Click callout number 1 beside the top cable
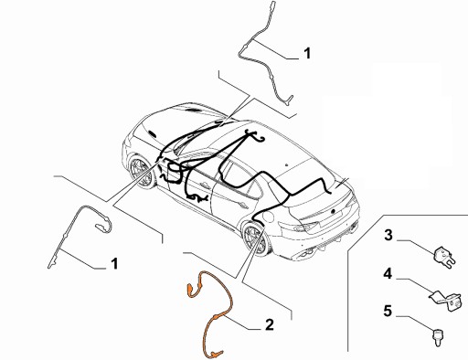click(x=306, y=54)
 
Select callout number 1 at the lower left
click(x=114, y=264)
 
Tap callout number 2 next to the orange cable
click(x=269, y=323)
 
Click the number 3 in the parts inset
click(x=388, y=236)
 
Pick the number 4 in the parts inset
click(x=388, y=272)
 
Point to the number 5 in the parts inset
click(x=388, y=311)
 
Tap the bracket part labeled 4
click(x=446, y=291)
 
